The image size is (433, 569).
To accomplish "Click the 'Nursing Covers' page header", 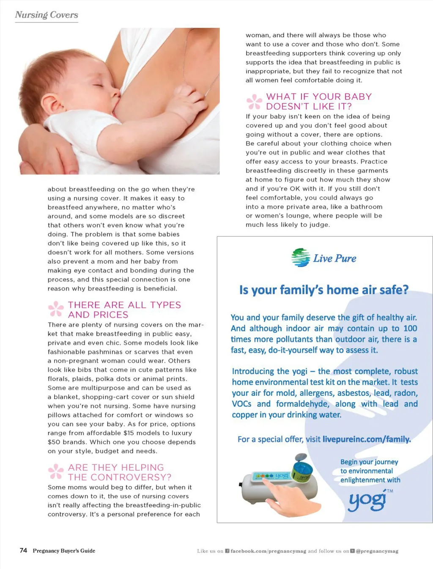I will coord(47,15).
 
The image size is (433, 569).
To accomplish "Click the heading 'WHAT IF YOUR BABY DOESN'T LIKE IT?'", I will coord(318,102).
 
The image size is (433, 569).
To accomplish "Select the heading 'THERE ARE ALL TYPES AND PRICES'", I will coord(124,310).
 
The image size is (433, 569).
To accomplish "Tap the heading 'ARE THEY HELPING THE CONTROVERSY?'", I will coord(120,472).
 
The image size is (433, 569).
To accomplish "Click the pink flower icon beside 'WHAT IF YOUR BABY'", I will coord(254,102).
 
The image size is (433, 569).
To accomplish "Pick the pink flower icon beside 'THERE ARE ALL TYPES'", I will coord(56,309).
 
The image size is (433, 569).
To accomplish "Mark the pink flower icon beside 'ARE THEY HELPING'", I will coord(56,472).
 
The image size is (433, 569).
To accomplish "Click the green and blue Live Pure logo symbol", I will coord(301,257).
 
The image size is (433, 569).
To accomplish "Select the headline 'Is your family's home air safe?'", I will coord(324,290).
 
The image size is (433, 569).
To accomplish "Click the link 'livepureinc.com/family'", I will coord(366,439).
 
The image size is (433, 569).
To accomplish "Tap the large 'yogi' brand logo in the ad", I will coord(367,501).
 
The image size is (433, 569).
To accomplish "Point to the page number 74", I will coord(23,550).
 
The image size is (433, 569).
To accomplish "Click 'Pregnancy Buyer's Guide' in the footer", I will coord(64,551).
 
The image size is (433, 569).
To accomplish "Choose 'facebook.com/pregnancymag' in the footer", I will coord(268,551).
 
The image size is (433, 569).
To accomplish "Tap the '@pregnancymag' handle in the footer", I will coord(377,551).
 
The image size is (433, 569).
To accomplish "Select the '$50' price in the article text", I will coord(54,442).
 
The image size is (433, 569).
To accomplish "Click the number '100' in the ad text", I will coord(410,329).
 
